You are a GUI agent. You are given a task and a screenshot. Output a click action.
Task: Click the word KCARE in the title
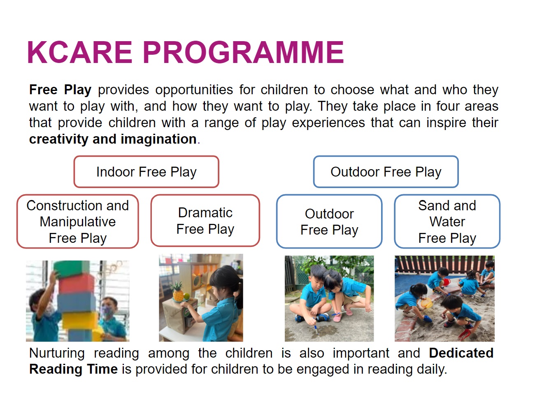coord(80,52)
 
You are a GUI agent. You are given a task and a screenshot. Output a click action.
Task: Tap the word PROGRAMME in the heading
coord(243,52)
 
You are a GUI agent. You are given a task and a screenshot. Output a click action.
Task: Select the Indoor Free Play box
coord(146,172)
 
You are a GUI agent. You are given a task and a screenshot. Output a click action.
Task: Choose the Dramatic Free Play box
coord(205,221)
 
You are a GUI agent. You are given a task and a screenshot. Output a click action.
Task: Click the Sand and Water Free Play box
coord(447,221)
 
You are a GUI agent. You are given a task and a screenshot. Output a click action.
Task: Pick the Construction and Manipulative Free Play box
coord(78,221)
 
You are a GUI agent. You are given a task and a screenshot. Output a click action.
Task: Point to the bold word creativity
coord(59,140)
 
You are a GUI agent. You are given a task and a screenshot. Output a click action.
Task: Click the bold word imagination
coord(159,140)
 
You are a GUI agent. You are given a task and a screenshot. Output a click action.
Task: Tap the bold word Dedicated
coord(461,353)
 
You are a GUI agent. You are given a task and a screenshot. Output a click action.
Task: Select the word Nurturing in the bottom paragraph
coord(57,353)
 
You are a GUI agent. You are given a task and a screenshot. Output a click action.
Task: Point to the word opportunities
coord(194,90)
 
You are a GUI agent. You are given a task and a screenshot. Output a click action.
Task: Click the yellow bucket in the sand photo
coord(426,303)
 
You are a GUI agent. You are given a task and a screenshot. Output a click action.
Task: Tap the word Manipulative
coord(78,222)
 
